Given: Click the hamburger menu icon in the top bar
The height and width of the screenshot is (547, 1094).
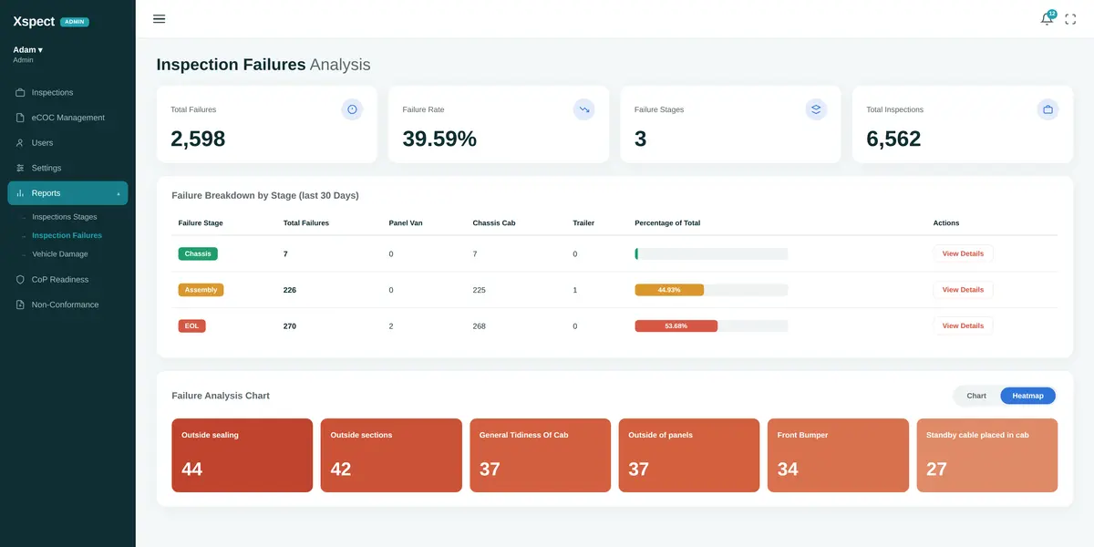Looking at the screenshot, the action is point(159,19).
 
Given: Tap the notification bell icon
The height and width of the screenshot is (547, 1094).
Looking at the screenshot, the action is point(1047,19).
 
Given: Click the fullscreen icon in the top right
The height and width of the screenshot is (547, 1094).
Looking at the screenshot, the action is point(1070,19).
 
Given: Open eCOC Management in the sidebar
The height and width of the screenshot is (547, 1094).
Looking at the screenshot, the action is point(67,118).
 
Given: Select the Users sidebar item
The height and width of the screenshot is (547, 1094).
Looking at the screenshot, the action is point(42,142).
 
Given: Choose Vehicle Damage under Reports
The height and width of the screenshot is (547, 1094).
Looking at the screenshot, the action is point(60,254).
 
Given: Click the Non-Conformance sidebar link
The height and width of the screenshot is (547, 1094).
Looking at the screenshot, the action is point(65,304).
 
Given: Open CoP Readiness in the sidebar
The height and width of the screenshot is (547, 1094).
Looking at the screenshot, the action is point(60,279).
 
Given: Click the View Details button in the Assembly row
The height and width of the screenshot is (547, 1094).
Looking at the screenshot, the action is point(963,290).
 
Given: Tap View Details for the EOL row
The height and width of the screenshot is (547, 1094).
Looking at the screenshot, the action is point(963,325).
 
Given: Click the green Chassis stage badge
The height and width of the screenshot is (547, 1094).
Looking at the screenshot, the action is point(198,253).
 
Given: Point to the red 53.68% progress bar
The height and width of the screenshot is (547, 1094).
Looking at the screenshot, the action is point(676,325).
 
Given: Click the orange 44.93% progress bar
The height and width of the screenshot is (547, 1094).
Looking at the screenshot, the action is point(669,290).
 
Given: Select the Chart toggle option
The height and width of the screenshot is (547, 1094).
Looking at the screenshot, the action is point(976,396).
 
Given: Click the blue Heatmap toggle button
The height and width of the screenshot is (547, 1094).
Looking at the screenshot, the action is point(1027,396).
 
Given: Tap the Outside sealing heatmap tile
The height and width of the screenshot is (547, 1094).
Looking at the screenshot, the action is point(243,455).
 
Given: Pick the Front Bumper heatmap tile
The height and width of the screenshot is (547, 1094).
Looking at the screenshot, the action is point(838,455).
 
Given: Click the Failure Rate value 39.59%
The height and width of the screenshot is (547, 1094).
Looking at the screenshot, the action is point(439,139).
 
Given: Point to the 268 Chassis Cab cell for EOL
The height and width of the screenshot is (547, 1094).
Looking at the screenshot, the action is point(480,326).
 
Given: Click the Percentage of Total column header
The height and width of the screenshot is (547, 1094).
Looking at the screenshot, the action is point(667,222).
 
